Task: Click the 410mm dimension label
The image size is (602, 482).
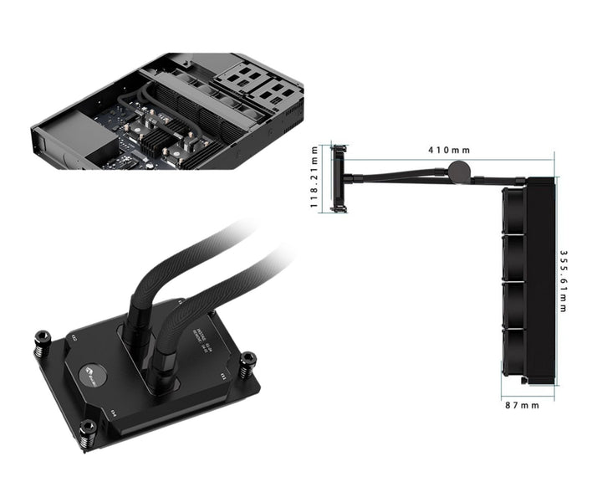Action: (448, 150)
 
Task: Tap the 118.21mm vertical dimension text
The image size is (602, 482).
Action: (314, 177)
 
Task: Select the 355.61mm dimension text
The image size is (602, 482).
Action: (564, 282)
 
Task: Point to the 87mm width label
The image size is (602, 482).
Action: (523, 406)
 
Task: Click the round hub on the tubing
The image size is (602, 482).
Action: (458, 172)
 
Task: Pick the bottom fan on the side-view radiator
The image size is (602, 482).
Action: (513, 351)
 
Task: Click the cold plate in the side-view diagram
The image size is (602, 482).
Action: (339, 177)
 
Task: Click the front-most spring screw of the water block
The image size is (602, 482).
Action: (88, 433)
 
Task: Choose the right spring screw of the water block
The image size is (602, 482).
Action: (247, 365)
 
